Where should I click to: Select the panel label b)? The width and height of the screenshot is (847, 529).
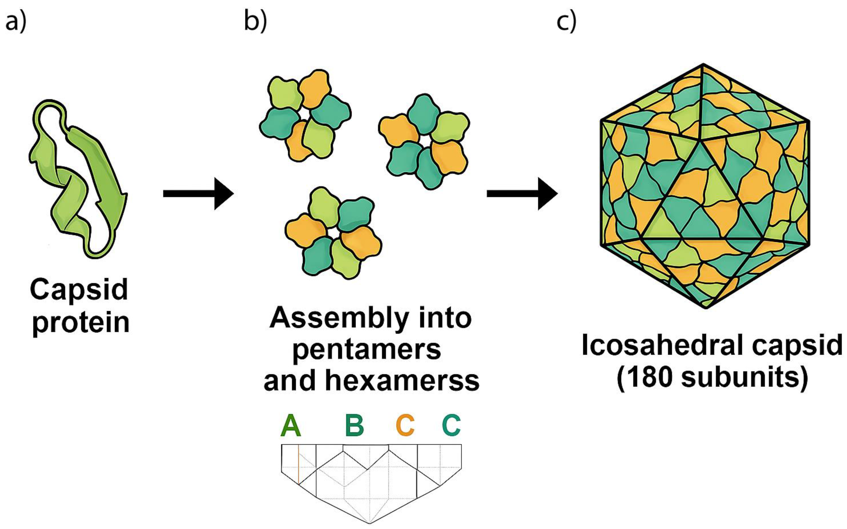click(x=255, y=22)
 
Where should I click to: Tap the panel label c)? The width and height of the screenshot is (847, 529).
click(x=566, y=22)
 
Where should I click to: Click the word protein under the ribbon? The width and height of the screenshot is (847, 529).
click(x=81, y=323)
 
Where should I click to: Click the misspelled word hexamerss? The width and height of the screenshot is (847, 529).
click(x=402, y=380)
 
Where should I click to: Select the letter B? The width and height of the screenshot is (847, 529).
click(x=354, y=425)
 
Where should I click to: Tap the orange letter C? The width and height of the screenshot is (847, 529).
click(x=405, y=425)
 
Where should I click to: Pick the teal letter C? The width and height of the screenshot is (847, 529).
click(x=451, y=425)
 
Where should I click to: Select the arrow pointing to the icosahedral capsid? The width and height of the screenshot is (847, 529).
click(x=522, y=194)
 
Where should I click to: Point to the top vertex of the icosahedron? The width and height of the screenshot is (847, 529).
click(x=703, y=65)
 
